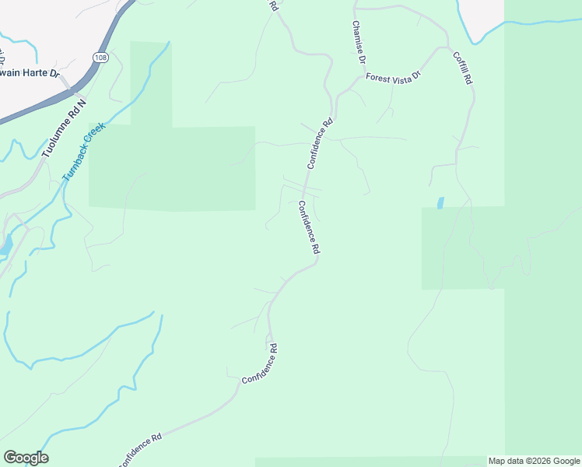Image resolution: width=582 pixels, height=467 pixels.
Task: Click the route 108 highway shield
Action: coord(100,58)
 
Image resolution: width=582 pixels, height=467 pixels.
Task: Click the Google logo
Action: coord(26,458)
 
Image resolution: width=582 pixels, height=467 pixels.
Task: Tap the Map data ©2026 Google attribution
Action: coord(534,461)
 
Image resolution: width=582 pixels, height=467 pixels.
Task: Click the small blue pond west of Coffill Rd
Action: coord(441,203)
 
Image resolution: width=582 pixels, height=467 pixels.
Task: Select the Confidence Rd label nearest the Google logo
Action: coord(140,450)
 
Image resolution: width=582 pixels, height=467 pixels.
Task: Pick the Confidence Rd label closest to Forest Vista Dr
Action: coord(320,143)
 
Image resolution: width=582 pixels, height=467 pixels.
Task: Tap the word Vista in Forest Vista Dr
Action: coord(398,75)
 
